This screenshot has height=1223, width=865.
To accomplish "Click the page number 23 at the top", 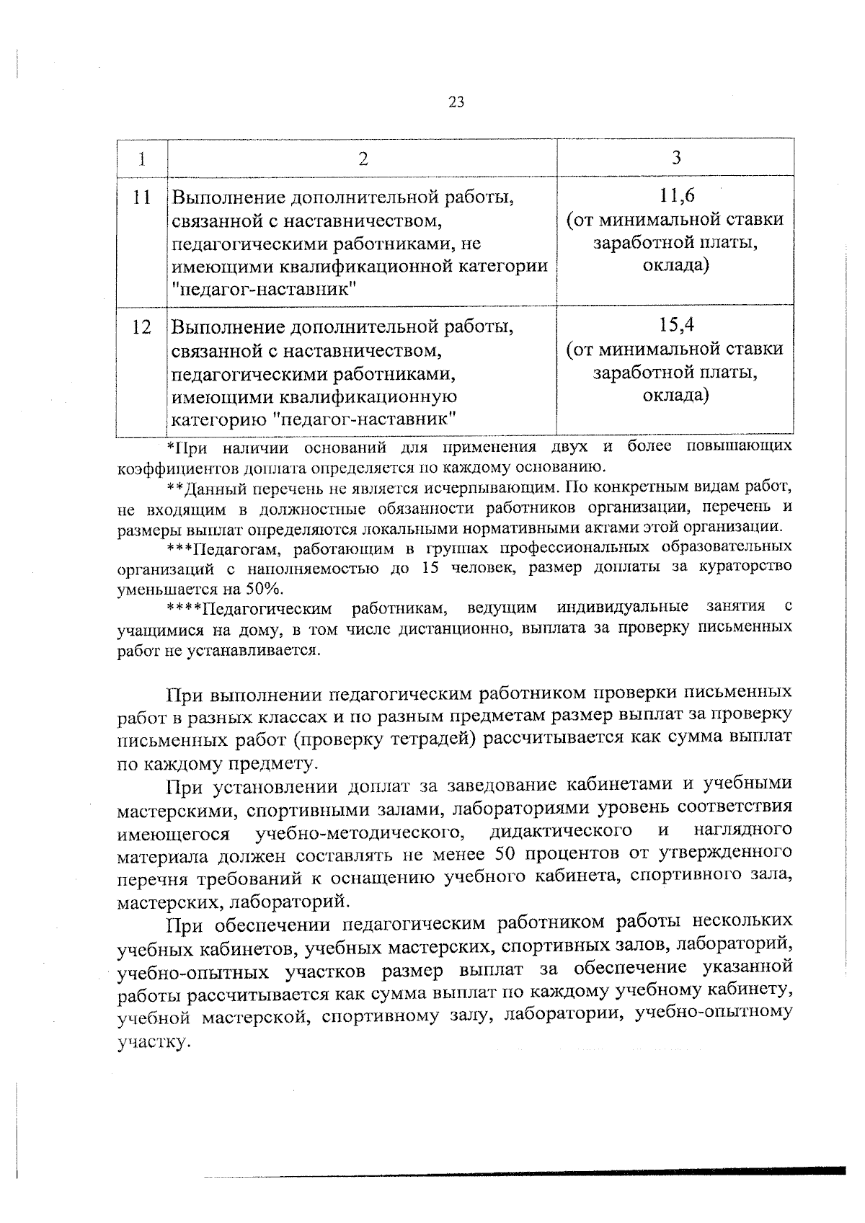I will [x=456, y=102].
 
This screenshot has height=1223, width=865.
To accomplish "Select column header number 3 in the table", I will [x=675, y=158].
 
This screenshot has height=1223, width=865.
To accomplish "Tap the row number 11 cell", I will [x=143, y=197].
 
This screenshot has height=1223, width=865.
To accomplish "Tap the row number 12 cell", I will [x=143, y=328].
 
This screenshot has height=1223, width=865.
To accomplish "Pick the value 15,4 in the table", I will [x=675, y=326].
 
